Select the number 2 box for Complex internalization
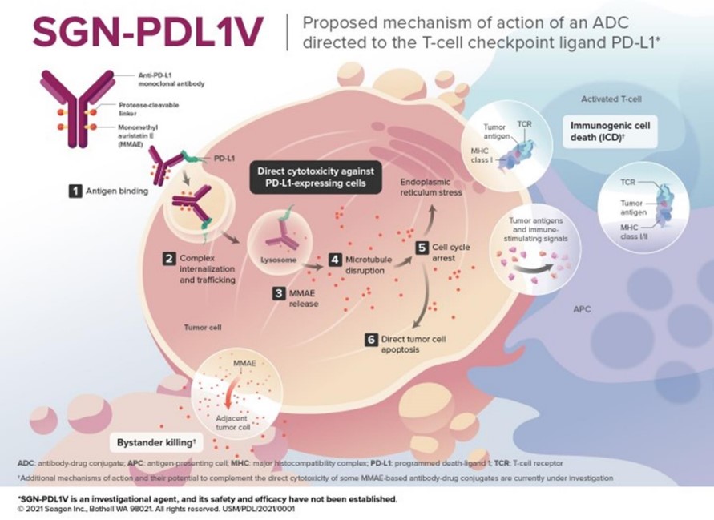[169, 259]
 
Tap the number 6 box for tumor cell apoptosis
[370, 340]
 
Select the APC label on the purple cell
[583, 308]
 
